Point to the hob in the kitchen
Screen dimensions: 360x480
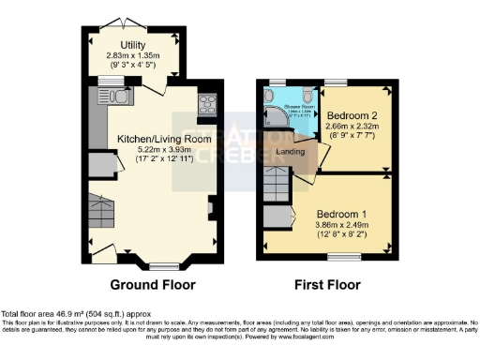(206, 105)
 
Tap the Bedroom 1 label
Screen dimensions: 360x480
(341, 213)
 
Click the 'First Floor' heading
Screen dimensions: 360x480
(328, 285)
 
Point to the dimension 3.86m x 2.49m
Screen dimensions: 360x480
(341, 225)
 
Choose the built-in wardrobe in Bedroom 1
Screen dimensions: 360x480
(279, 221)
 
